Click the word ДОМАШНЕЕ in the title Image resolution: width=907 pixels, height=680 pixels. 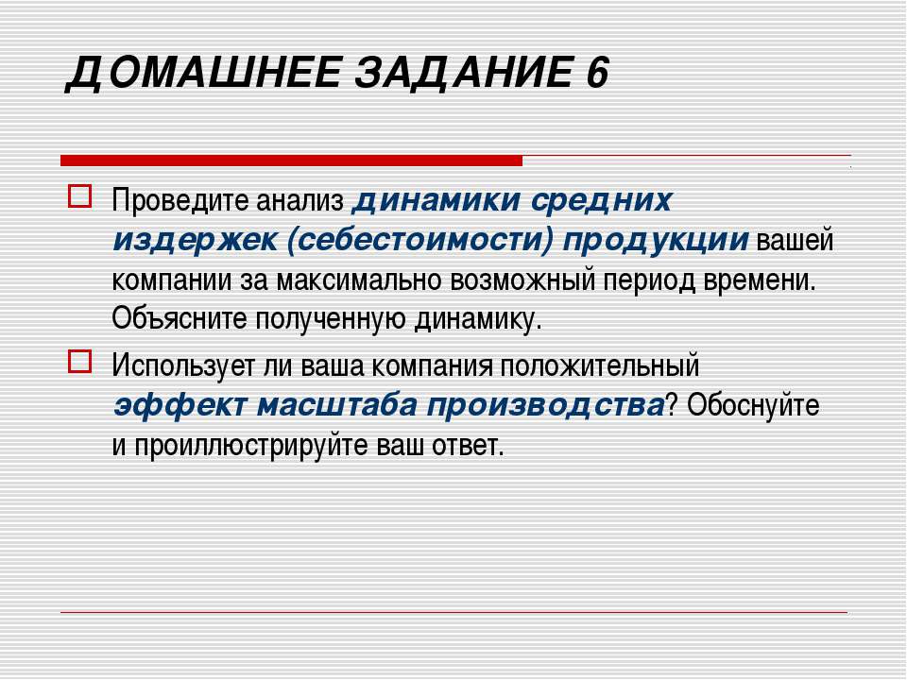[202, 74]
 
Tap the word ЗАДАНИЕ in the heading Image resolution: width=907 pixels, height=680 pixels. [463, 73]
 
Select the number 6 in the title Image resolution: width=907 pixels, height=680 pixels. [597, 73]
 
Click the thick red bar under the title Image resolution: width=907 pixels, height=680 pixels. [291, 161]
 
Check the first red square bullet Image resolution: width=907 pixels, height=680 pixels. [79, 196]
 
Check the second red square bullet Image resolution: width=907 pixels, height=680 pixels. [79, 362]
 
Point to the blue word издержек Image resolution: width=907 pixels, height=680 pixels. [195, 240]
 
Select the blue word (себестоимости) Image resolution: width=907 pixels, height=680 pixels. [419, 240]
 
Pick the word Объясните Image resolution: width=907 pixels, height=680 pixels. [180, 318]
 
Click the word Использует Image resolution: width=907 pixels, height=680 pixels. [183, 366]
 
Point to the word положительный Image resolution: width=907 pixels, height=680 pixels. [599, 366]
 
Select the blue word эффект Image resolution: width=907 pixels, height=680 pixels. [180, 405]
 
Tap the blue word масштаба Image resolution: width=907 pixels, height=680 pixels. [336, 405]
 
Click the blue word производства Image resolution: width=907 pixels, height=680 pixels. [545, 405]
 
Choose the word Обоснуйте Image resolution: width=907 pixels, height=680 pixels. [753, 405]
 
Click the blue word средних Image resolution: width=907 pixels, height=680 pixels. [601, 201]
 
